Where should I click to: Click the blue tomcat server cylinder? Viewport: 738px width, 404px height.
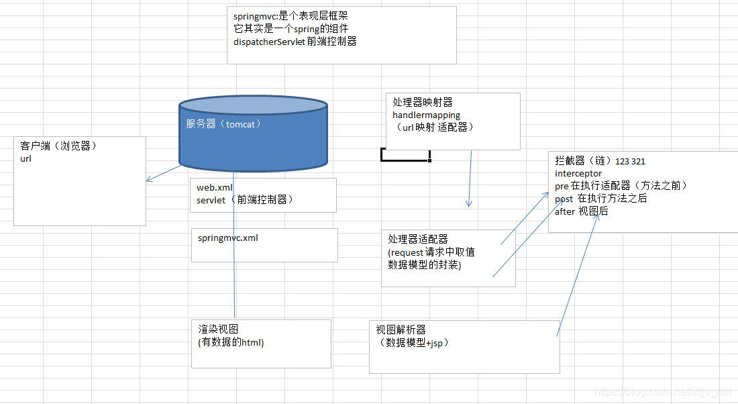(253, 138)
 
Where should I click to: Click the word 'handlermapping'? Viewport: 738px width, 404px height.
(426, 115)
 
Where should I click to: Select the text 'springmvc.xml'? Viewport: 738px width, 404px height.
(228, 238)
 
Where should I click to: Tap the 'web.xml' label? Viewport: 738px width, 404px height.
(215, 188)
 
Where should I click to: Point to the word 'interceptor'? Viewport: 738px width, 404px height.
(578, 174)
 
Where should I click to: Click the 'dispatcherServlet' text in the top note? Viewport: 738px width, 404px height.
(270, 41)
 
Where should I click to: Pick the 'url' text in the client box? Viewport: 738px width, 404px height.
(26, 159)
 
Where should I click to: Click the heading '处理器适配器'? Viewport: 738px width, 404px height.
(418, 239)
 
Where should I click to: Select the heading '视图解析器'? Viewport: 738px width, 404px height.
(401, 330)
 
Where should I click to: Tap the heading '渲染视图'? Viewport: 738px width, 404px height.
(218, 330)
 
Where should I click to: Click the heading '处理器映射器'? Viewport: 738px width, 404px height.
(423, 102)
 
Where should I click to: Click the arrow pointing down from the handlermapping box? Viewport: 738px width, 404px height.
(470, 179)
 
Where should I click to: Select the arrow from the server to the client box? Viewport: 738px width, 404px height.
(164, 173)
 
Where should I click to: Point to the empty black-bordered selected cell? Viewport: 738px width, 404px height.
(405, 155)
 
